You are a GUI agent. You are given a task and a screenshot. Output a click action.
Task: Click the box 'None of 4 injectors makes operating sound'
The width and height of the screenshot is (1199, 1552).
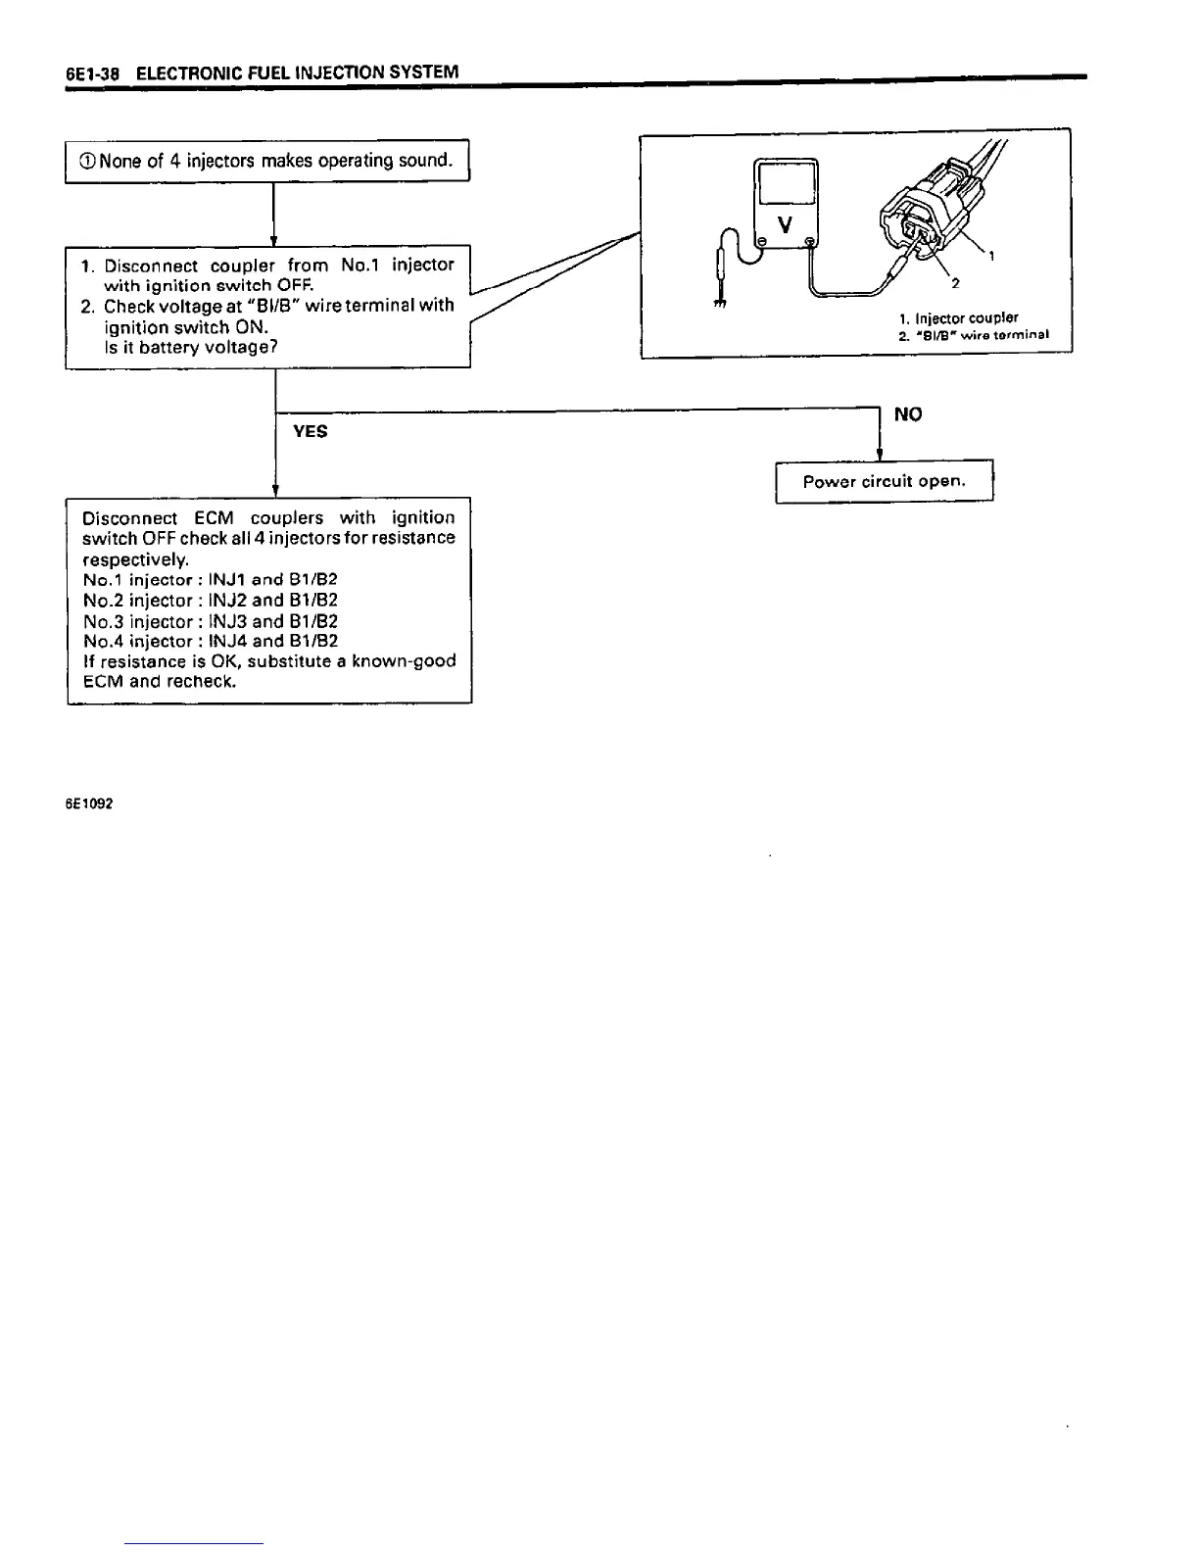click(267, 161)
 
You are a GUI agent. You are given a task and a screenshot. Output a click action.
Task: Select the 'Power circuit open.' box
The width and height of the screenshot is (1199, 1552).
click(885, 482)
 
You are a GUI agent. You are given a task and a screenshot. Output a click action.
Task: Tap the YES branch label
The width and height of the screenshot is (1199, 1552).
click(311, 431)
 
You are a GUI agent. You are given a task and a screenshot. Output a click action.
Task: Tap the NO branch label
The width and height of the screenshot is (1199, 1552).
click(908, 414)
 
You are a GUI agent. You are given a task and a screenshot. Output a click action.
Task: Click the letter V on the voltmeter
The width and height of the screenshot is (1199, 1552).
click(785, 224)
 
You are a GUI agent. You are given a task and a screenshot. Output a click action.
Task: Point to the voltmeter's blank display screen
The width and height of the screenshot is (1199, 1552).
click(786, 186)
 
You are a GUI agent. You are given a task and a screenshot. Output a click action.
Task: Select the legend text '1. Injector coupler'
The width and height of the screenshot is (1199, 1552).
click(958, 318)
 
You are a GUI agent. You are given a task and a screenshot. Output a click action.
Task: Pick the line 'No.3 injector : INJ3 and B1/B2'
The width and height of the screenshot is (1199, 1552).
click(211, 621)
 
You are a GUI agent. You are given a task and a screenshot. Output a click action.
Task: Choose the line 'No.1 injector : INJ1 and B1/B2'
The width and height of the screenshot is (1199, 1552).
click(211, 580)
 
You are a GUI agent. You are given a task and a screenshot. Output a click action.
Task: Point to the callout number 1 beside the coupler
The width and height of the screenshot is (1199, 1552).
click(992, 258)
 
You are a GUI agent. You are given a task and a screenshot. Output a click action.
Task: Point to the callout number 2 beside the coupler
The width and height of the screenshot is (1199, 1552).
click(955, 283)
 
